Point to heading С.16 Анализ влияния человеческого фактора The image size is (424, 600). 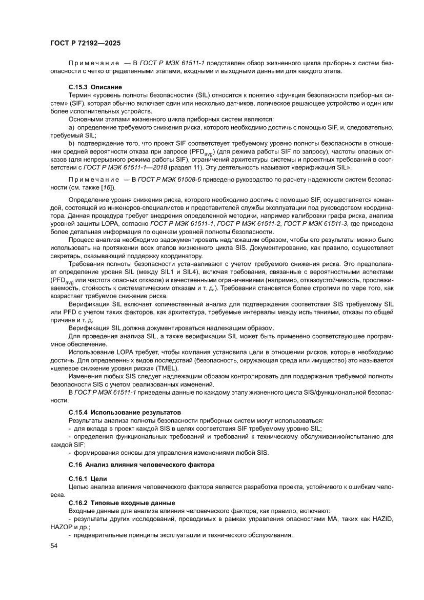click(142, 464)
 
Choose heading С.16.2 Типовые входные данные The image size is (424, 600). click(122, 502)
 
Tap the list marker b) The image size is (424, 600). click(72, 144)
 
